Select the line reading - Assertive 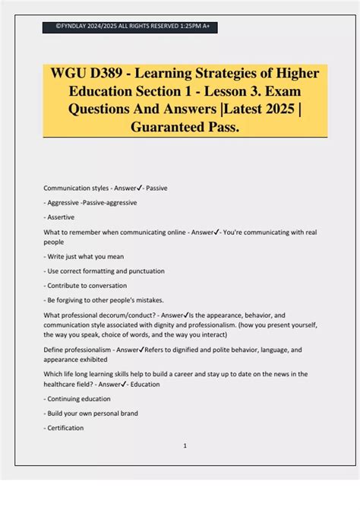tap(62, 217)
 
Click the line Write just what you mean tap(84, 256)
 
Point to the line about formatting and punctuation tap(104, 271)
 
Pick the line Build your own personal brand tap(90, 413)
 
